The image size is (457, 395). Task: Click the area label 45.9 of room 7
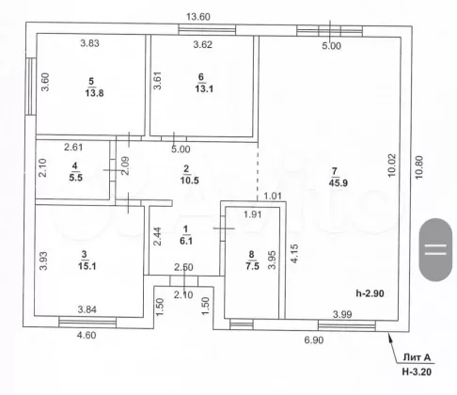coord(339,182)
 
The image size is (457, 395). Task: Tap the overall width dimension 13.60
coord(198,17)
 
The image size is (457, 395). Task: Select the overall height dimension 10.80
coord(419,167)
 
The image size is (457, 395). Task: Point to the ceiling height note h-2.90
coord(370,293)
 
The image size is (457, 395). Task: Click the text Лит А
coord(417,357)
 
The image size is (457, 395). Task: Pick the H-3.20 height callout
coord(417,371)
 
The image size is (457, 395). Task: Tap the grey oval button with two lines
coord(435,249)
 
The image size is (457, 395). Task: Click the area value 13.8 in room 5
coord(94,93)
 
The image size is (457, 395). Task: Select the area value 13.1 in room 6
coord(204,88)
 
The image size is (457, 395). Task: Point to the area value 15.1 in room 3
coord(87,266)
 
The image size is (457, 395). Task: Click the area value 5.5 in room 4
coord(75,178)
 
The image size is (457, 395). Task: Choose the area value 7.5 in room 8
coord(252,266)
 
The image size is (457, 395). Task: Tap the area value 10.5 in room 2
coord(189,181)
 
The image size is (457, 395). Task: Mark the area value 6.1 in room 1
coord(186,241)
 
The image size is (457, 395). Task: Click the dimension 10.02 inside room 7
coord(392,166)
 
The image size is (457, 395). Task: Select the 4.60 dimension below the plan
coord(87,335)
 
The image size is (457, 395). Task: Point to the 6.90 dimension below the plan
coord(314,340)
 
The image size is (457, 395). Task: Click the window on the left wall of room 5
coord(30,87)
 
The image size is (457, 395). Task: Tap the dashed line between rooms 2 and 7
coord(258,171)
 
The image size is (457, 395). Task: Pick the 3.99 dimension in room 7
coord(342,314)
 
